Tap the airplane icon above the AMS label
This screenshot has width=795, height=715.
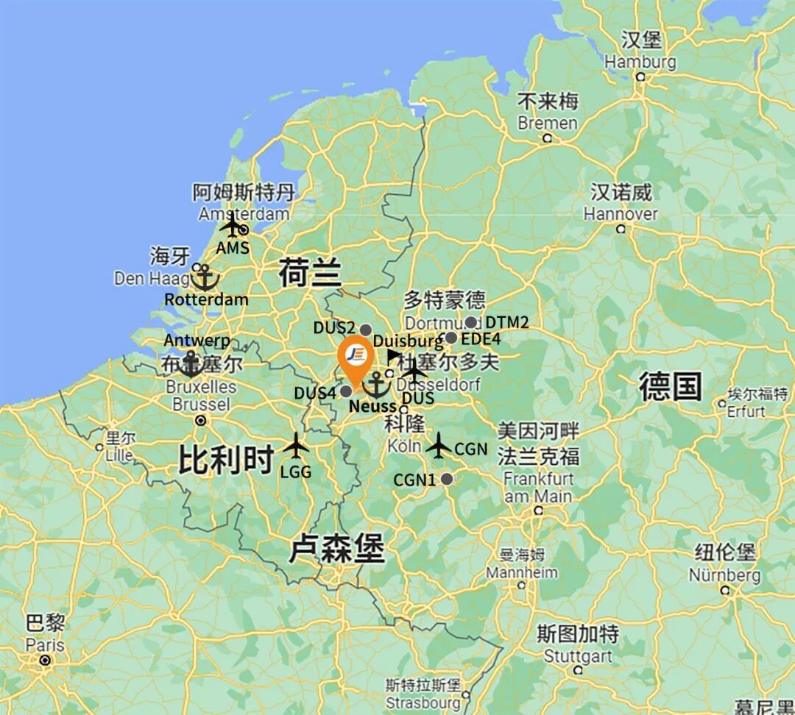click(x=232, y=225)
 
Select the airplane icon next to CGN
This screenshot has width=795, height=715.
click(x=439, y=445)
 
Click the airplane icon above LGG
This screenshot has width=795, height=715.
click(x=296, y=445)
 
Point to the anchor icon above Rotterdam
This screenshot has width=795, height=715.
click(x=205, y=278)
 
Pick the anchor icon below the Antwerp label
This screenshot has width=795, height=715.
click(x=191, y=364)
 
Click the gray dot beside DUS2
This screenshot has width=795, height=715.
click(x=365, y=330)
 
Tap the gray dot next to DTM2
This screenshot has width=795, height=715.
click(x=470, y=322)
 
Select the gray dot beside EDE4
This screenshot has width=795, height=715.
click(x=451, y=338)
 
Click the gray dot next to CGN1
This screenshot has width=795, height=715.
click(x=446, y=480)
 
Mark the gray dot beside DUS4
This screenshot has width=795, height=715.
click(x=345, y=391)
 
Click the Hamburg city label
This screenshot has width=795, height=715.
click(x=640, y=62)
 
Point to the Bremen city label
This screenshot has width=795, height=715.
click(x=548, y=123)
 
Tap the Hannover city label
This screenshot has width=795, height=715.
click(x=621, y=214)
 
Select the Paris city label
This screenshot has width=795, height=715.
click(x=45, y=645)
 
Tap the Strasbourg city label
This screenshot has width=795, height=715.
click(x=423, y=702)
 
